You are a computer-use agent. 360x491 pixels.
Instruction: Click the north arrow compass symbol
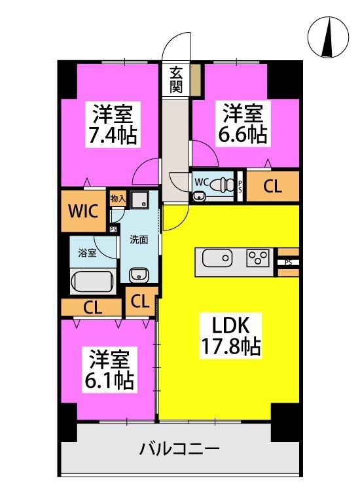328,37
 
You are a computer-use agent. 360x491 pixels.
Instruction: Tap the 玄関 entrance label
176,81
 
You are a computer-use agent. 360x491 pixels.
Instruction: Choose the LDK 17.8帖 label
230,336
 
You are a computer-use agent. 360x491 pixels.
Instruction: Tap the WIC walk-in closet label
83,211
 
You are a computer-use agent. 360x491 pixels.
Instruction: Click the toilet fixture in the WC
222,184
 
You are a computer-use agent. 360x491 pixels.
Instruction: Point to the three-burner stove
258,258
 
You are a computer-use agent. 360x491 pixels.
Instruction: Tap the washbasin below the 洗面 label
139,275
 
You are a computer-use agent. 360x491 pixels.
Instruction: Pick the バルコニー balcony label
179,450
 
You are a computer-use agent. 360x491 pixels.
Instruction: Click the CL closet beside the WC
273,187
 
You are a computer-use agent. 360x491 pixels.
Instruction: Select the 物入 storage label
118,198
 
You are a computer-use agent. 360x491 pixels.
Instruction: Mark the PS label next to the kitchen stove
288,263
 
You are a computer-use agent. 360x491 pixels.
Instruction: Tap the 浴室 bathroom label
87,253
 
